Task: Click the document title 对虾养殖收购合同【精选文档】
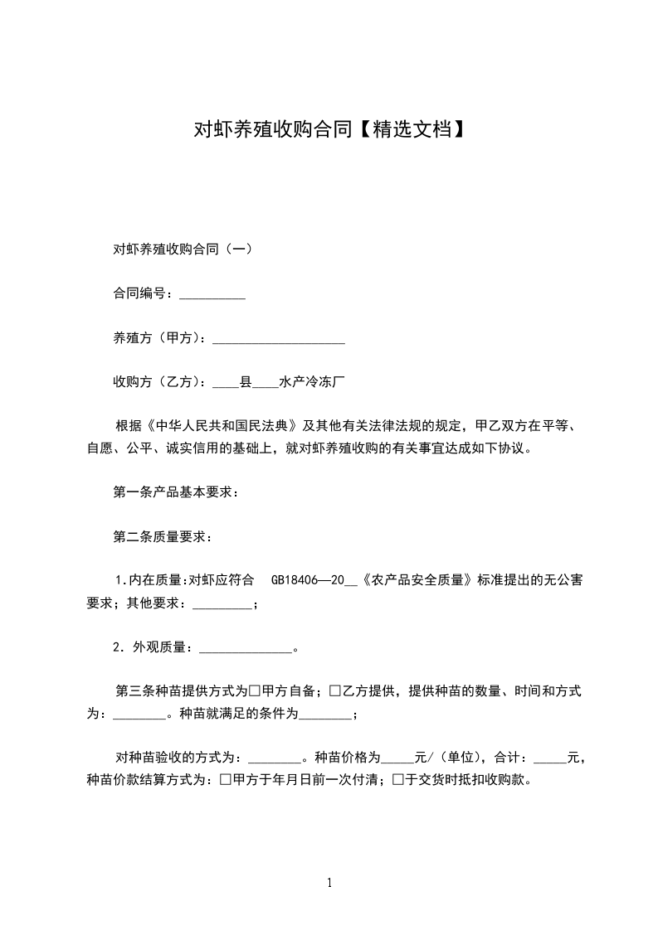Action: tap(329, 129)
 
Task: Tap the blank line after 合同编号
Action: tap(212, 294)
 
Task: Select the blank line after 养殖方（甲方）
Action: tap(279, 339)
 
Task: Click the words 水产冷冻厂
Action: tap(312, 383)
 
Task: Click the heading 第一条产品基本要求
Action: tap(176, 492)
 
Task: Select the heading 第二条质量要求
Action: tap(163, 537)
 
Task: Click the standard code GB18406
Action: tap(297, 581)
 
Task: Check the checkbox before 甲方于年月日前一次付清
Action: tap(226, 780)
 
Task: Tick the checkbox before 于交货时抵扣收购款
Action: tap(398, 780)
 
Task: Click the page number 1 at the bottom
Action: tap(329, 883)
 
